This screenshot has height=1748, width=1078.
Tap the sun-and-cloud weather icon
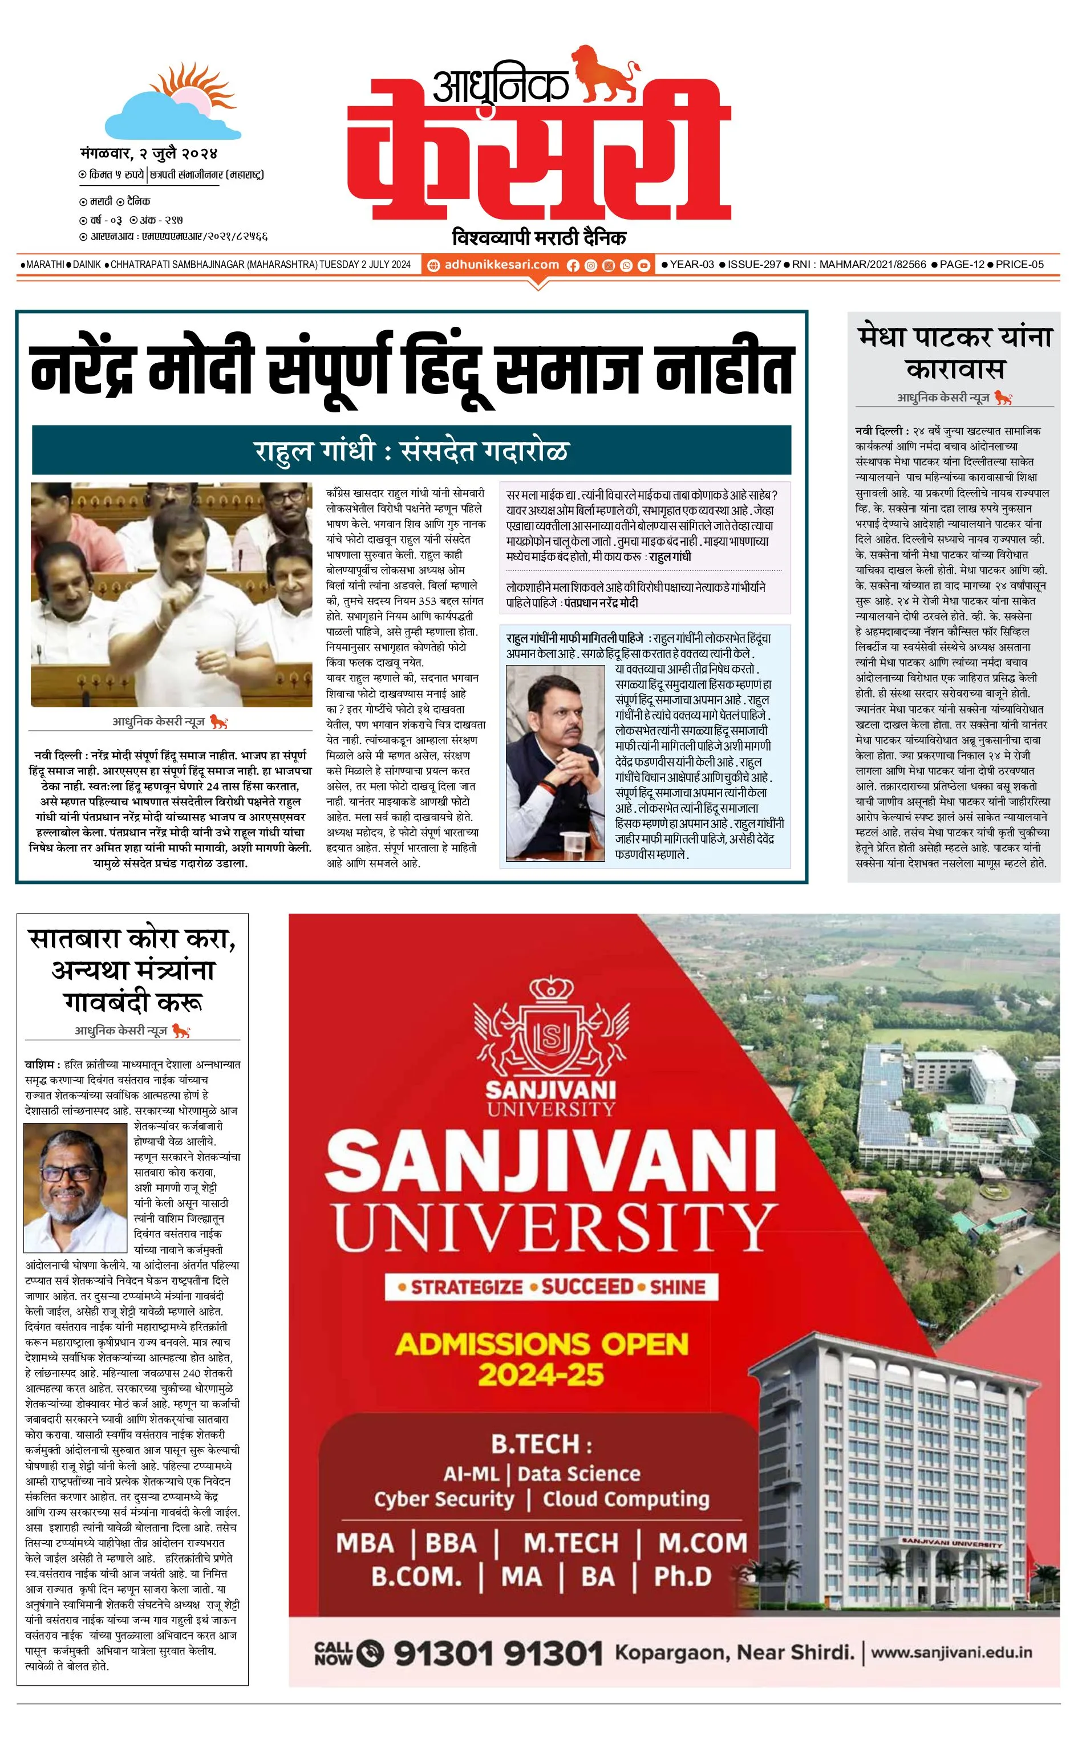tap(172, 105)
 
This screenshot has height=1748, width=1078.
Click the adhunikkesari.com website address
tap(501, 265)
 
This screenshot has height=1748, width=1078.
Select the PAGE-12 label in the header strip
tap(962, 265)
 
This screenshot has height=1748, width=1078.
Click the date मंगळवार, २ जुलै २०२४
tap(148, 153)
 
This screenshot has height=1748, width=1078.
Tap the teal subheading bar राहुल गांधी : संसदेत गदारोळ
tap(411, 451)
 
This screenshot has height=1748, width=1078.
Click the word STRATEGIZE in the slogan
tap(467, 1287)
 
